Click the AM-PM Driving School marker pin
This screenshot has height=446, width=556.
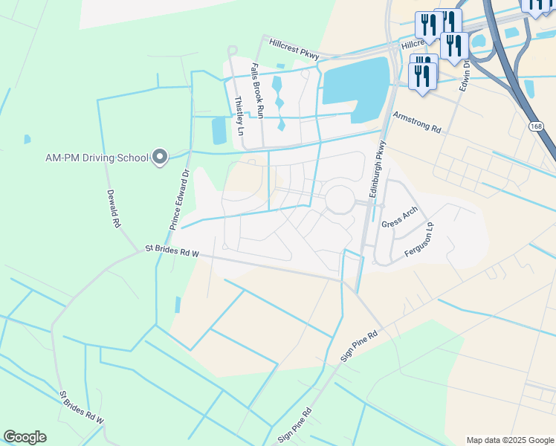tap(159, 157)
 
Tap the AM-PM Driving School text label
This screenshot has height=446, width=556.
tap(97, 157)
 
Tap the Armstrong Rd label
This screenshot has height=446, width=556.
tap(417, 123)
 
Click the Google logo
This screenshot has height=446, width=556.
tap(25, 437)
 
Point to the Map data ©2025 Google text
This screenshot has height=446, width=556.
tap(510, 440)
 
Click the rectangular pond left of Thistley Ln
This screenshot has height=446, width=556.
tap(219, 131)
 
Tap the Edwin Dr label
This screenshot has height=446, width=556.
tap(466, 77)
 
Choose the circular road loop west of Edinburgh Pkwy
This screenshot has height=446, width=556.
tap(340, 199)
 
